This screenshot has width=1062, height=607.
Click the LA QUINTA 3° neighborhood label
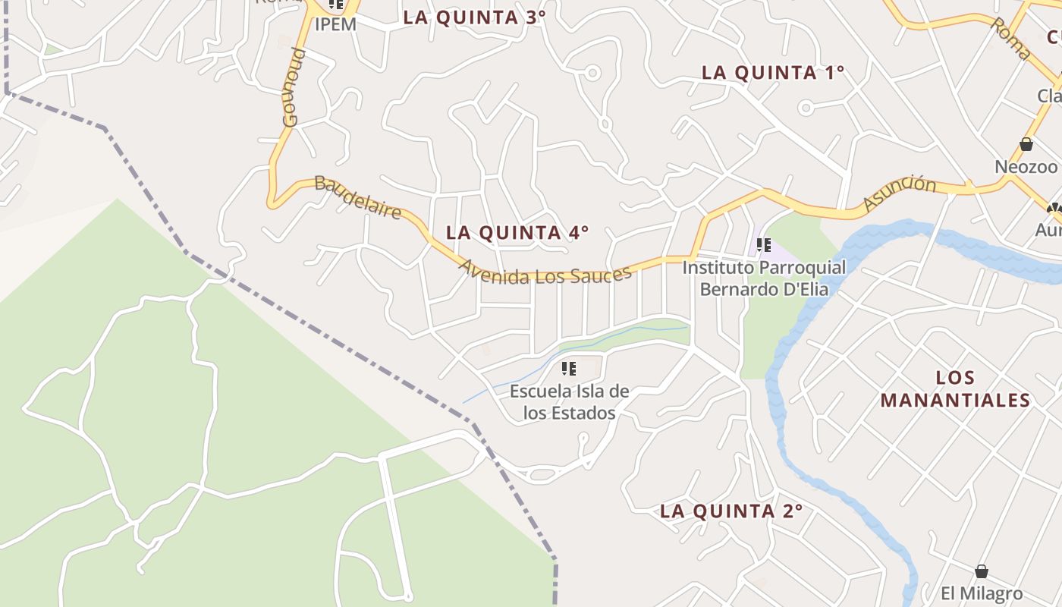[474, 17]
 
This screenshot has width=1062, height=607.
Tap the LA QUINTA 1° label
[773, 73]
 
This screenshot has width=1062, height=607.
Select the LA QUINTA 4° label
[517, 233]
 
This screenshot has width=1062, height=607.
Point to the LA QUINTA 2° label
[731, 511]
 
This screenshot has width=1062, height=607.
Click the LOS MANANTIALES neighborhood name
[955, 388]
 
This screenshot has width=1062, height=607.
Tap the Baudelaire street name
[357, 197]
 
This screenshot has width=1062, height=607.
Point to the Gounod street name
[294, 86]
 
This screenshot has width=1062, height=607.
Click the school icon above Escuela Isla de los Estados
[569, 369]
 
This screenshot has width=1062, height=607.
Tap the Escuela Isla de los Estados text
[569, 402]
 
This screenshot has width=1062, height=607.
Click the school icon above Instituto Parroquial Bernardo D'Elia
[764, 245]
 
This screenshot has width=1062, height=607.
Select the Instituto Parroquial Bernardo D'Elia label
[763, 278]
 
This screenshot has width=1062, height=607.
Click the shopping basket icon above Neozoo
[1026, 144]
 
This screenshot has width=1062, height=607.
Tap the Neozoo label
[1026, 166]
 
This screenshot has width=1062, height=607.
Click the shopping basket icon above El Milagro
[982, 571]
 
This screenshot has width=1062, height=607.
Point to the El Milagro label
[982, 593]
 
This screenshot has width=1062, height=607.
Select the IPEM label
[335, 24]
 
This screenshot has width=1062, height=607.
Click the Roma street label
[1010, 39]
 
